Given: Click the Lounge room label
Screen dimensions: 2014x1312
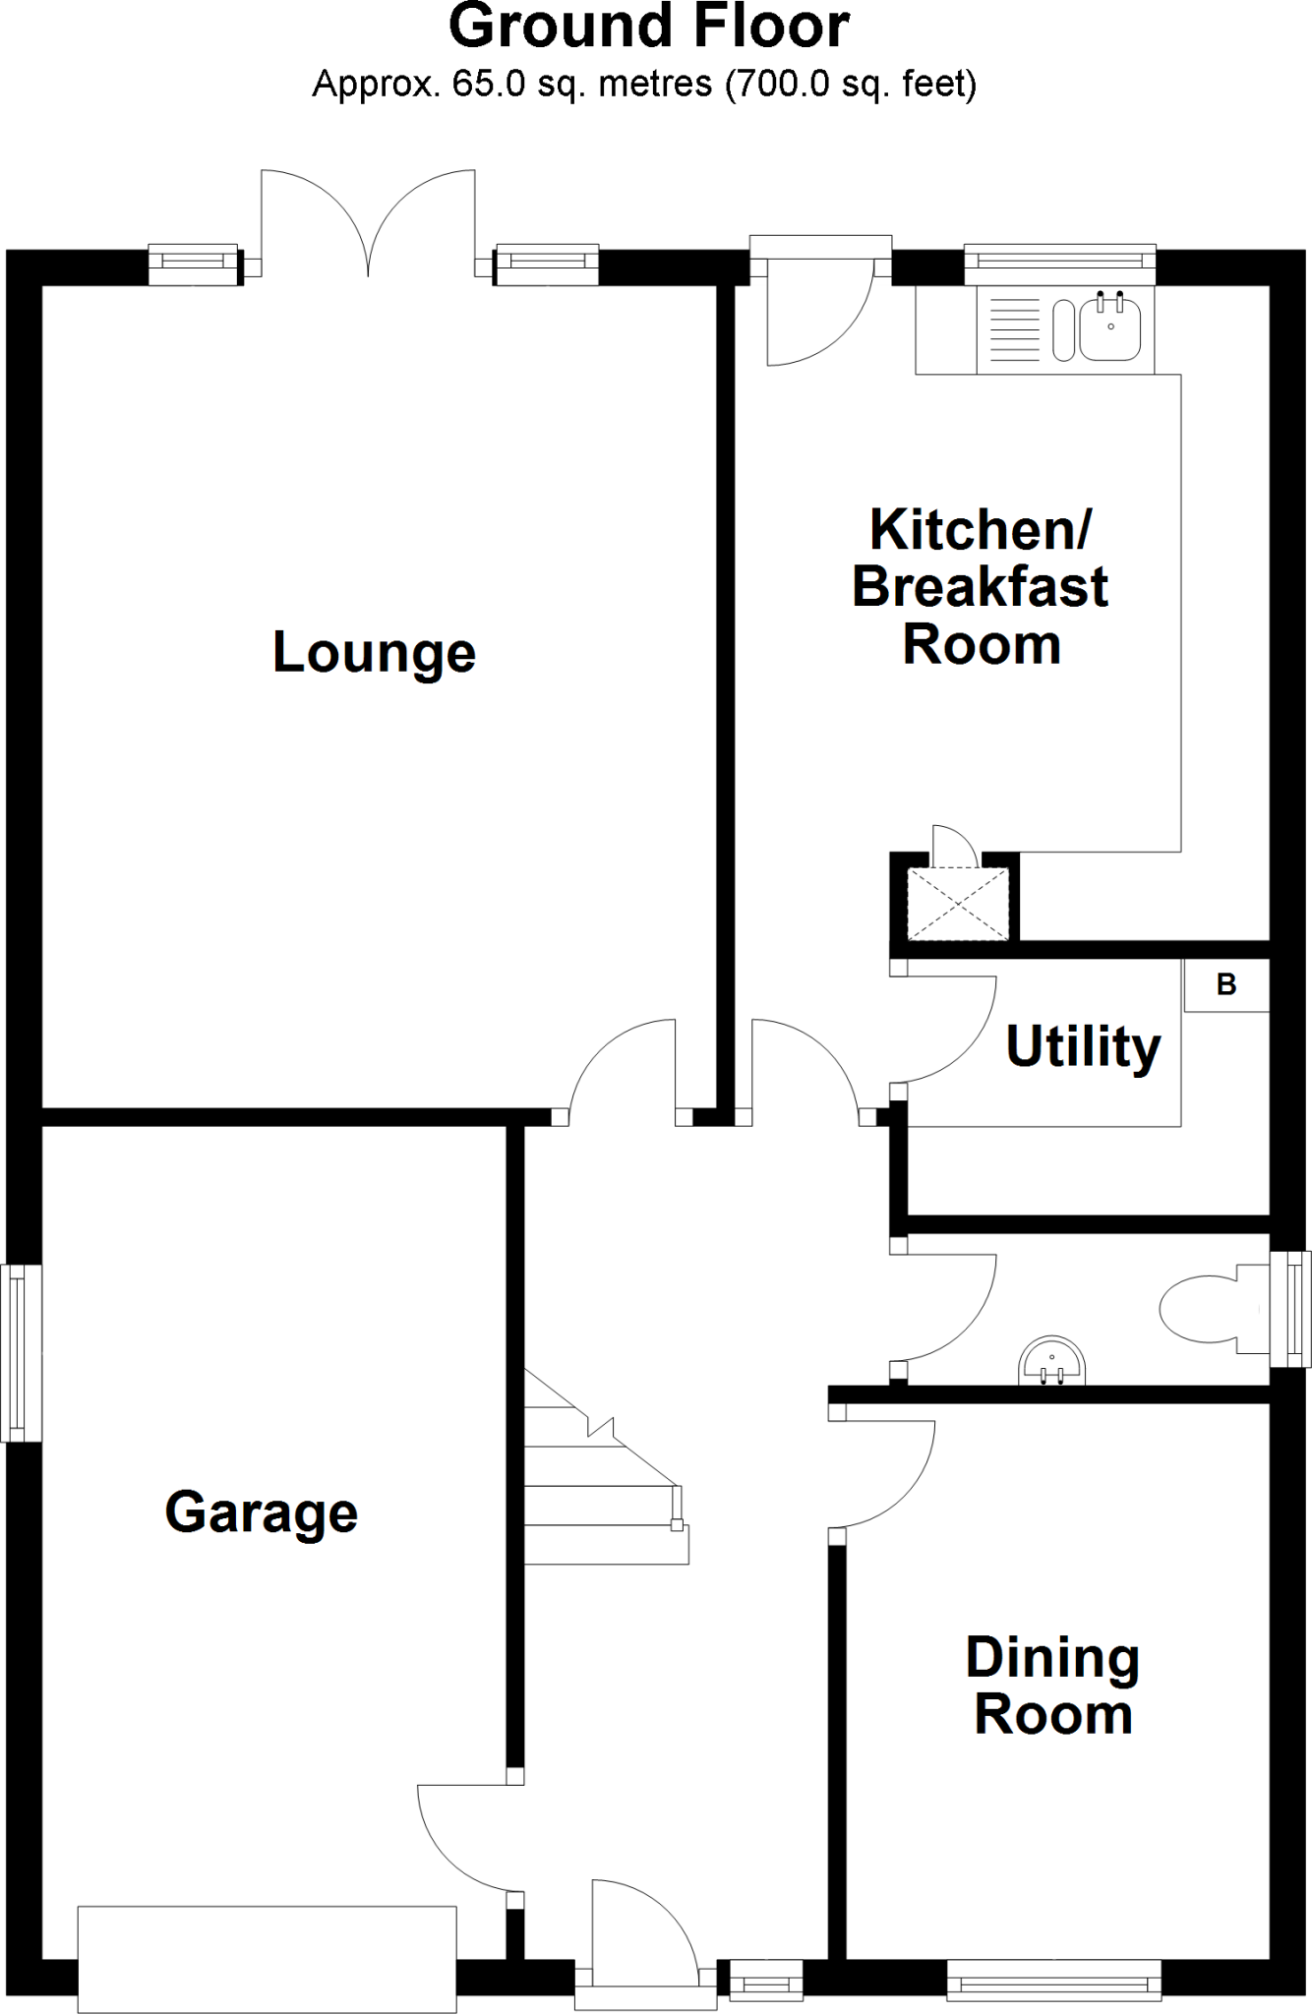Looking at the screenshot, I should pos(374,653).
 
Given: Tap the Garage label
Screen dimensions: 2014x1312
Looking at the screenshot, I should pos(261,1512).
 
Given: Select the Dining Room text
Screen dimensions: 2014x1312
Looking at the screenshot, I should pos(1052,1686).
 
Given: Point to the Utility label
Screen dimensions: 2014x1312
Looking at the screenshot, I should pos(1083,1046).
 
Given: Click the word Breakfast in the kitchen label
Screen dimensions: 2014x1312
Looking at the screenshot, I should pos(980,587).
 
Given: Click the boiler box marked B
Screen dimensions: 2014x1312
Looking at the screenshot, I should pos(1225,984).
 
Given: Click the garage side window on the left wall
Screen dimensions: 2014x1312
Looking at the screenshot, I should pos(20,1353).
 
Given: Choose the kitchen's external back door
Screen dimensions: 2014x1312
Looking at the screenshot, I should pos(820,305).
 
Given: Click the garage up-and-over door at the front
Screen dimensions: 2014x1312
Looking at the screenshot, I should pos(267,1959).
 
